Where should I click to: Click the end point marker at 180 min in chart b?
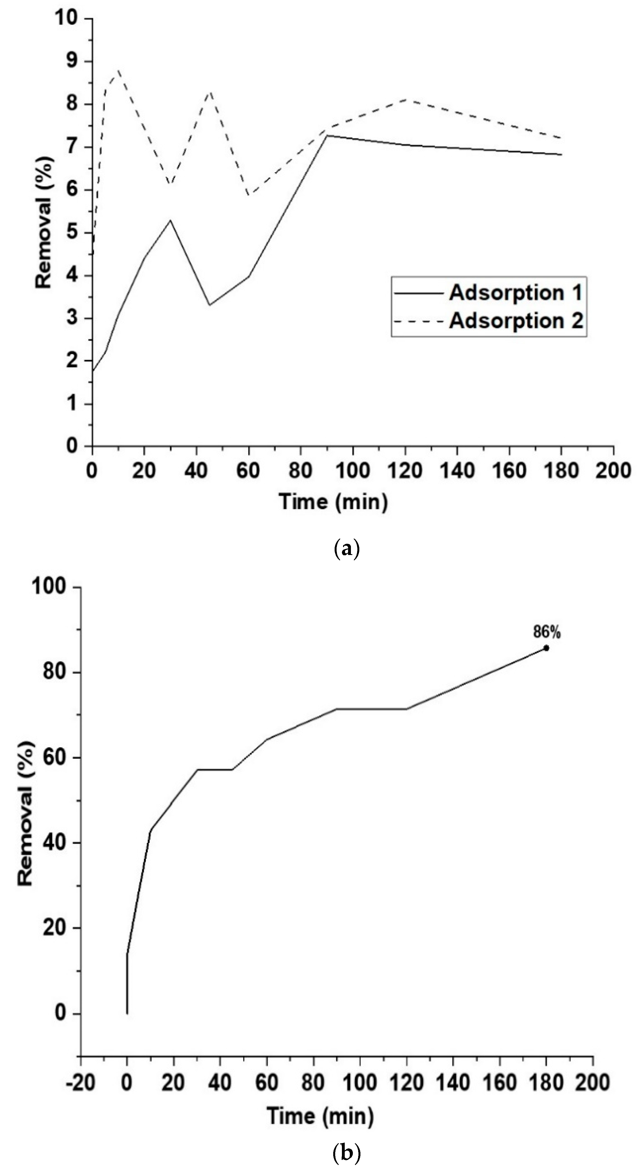coord(546,648)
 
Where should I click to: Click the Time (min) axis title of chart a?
coord(334,502)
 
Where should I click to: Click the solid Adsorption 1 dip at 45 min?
coord(209,305)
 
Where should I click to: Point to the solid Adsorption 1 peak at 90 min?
coord(327,135)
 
